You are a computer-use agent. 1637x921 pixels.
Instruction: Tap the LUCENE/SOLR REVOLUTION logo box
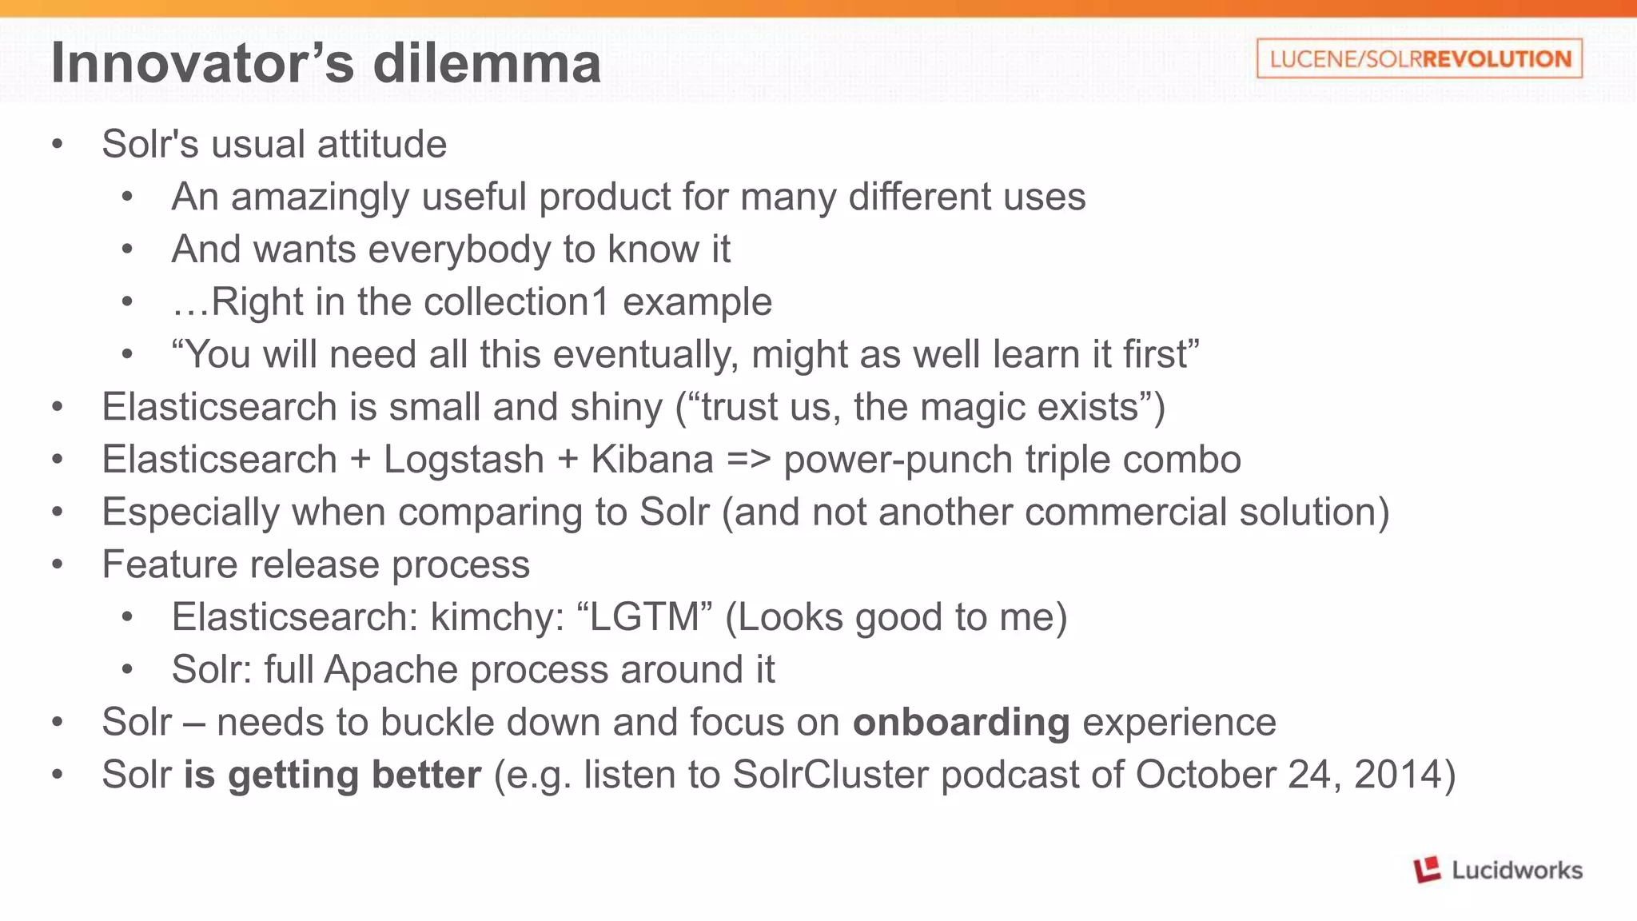[x=1419, y=58]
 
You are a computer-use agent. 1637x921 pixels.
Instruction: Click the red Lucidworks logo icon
[x=1427, y=869]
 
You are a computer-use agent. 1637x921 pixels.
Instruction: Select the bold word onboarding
[x=961, y=723]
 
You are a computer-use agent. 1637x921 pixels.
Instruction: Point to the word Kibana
[x=652, y=460]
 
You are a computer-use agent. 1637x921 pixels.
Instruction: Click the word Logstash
[x=464, y=460]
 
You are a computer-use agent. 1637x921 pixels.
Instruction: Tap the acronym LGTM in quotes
[x=643, y=617]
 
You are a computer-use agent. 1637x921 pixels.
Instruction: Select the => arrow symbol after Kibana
[x=748, y=460]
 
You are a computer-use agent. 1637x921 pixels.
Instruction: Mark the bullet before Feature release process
[x=57, y=564]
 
